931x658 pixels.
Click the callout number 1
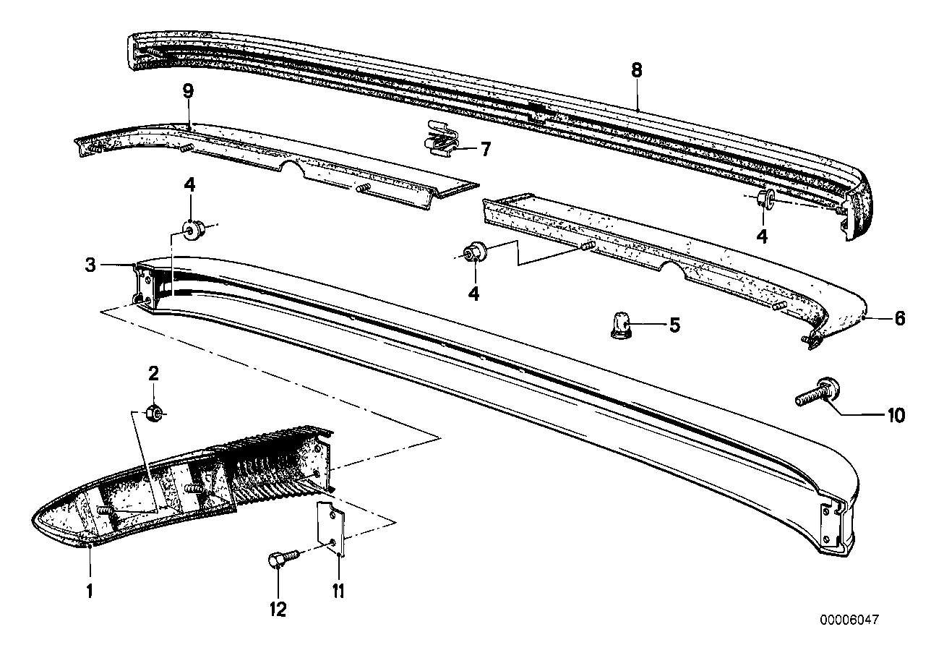click(90, 591)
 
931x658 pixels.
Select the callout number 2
click(153, 374)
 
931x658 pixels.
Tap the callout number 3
click(90, 265)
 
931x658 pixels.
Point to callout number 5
click(674, 325)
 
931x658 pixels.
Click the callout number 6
click(899, 318)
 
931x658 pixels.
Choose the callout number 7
click(485, 150)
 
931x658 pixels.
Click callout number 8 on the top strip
click(636, 71)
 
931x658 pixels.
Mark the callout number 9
click(188, 92)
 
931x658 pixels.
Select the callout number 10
click(895, 415)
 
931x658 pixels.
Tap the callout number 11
click(338, 591)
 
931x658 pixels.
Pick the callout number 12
click(278, 610)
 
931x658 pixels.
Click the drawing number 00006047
click(849, 620)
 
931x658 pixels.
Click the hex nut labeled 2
click(153, 413)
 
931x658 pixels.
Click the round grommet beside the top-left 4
click(193, 230)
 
